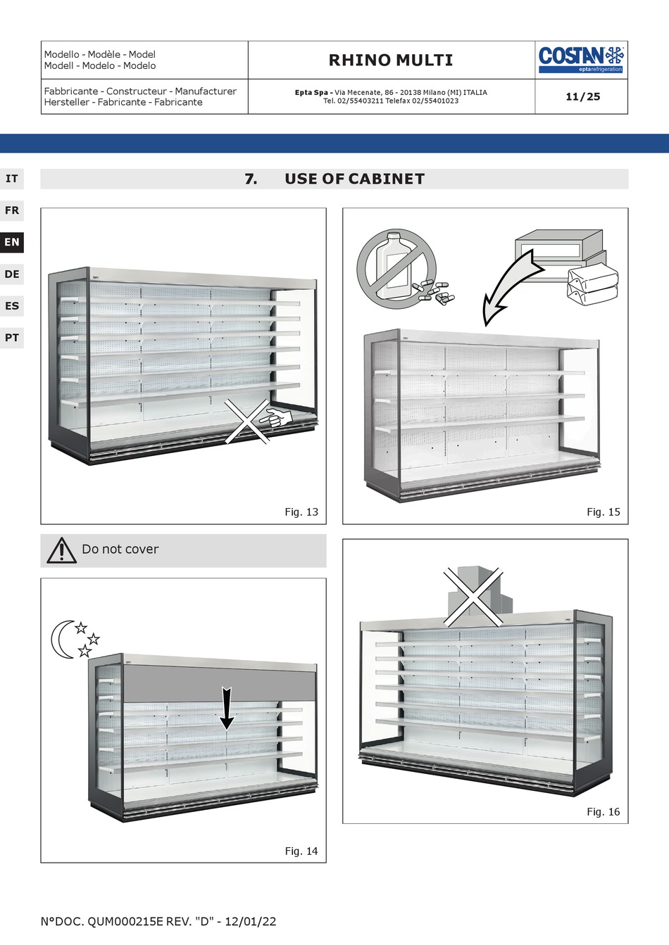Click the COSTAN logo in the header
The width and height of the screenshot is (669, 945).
(x=581, y=59)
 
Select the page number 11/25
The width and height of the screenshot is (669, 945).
(x=582, y=96)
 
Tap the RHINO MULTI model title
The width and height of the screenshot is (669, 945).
(x=391, y=60)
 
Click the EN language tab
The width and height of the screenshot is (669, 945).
(x=12, y=242)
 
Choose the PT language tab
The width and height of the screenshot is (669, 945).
(x=12, y=338)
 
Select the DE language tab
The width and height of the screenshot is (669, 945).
(x=12, y=274)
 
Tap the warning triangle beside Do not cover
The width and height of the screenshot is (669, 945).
(x=62, y=550)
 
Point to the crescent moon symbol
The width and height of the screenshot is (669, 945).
(x=61, y=639)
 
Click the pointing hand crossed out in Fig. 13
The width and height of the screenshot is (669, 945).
(x=275, y=419)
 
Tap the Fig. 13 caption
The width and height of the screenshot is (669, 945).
(x=301, y=512)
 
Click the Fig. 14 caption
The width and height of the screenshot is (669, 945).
(x=301, y=851)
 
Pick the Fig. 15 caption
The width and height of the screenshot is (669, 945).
(x=604, y=512)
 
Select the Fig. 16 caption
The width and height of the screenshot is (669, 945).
(x=604, y=812)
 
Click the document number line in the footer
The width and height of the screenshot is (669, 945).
(x=158, y=922)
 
